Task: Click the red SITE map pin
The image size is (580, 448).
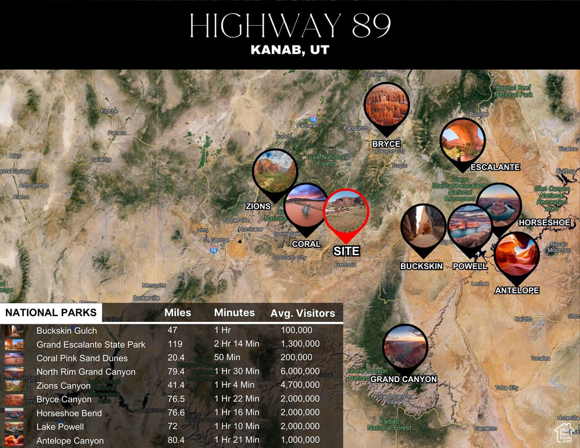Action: tap(346, 212)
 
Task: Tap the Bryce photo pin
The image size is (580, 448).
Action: tap(386, 106)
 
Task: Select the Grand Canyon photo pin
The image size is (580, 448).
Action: tap(405, 348)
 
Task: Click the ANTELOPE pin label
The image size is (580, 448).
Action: tap(517, 290)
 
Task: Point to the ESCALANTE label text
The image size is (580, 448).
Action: tap(495, 167)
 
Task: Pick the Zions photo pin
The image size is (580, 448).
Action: tap(275, 170)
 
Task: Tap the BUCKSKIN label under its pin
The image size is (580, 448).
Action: tap(421, 266)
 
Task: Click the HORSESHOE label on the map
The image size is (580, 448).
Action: tap(544, 222)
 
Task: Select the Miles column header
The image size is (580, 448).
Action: tap(177, 313)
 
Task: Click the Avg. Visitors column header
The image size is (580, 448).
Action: tap(302, 313)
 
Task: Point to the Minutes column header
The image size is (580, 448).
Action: tap(234, 313)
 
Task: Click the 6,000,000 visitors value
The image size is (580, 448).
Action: tap(300, 372)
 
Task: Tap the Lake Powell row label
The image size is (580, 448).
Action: tap(60, 427)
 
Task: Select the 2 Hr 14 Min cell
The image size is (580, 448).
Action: tap(236, 344)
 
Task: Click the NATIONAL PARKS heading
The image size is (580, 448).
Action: tap(51, 313)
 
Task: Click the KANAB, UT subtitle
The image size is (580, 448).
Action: tap(290, 50)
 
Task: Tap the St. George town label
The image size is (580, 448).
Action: tap(214, 240)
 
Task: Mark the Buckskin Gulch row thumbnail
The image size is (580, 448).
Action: tap(14, 331)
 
